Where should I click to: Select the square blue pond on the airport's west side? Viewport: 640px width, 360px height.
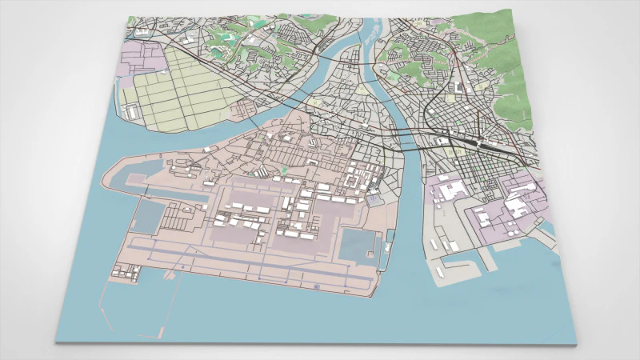(x=150, y=214)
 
